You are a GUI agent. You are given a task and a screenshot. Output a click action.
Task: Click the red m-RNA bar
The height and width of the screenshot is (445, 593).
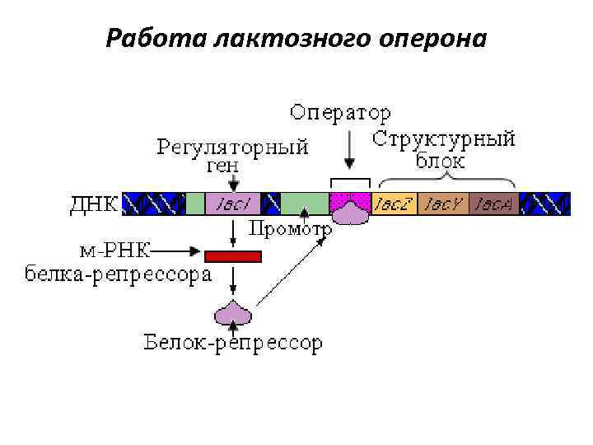click(x=233, y=256)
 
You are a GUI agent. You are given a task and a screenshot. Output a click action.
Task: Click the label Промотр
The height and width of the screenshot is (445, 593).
click(x=290, y=229)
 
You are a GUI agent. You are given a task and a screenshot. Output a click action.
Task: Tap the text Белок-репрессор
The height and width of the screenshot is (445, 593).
click(x=233, y=342)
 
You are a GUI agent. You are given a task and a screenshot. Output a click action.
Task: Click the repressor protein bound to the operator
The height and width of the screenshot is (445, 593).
click(x=351, y=211)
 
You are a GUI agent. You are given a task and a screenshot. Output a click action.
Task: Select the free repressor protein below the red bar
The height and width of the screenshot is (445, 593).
click(x=233, y=312)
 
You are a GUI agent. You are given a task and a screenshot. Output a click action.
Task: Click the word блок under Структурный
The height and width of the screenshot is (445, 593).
click(x=441, y=160)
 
